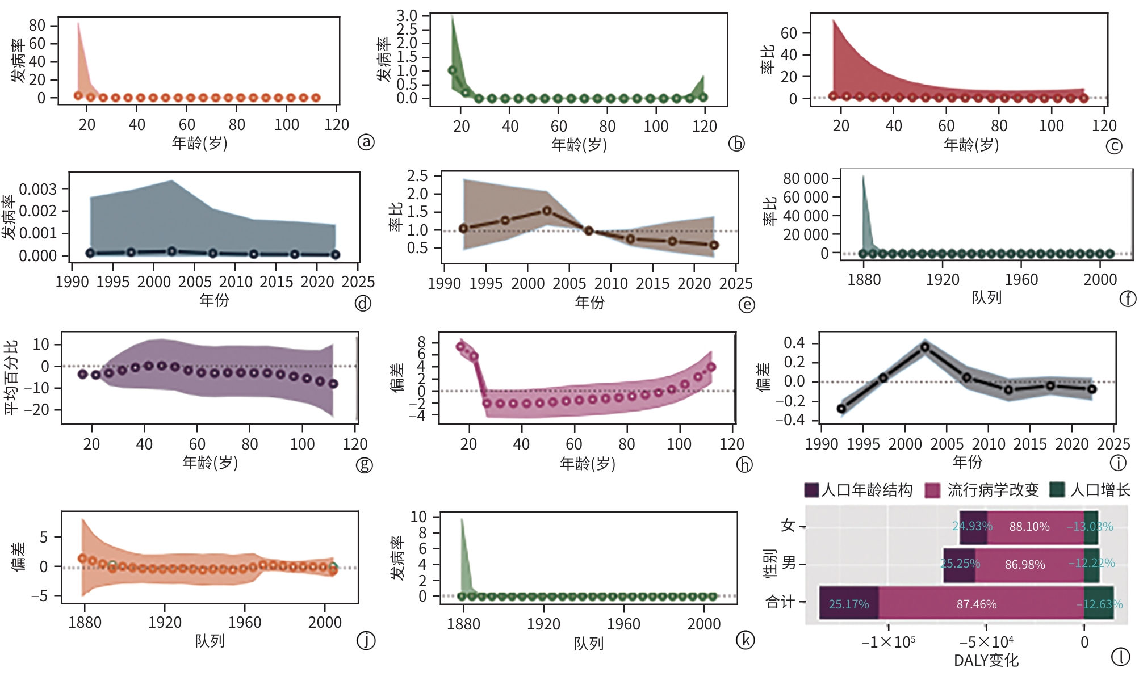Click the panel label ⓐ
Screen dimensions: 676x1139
[366, 141]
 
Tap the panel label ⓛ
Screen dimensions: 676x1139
[1120, 657]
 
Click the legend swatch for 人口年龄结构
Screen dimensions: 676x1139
[812, 490]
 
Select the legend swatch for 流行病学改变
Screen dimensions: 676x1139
[932, 490]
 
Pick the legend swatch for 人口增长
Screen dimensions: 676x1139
[1056, 490]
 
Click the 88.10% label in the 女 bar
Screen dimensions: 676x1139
[1029, 527]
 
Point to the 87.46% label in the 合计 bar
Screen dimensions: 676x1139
[976, 604]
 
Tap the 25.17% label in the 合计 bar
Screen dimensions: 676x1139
[848, 604]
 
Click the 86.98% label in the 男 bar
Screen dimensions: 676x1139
[1024, 565]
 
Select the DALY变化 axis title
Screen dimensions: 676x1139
[986, 661]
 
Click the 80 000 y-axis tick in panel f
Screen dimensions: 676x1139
[805, 179]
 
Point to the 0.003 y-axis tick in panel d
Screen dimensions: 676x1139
[38, 189]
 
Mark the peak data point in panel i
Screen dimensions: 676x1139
[925, 347]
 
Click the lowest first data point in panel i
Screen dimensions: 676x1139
[841, 409]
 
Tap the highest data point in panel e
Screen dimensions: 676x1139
[547, 211]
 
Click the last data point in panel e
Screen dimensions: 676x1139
[714, 245]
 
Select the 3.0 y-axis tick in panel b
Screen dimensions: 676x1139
[407, 16]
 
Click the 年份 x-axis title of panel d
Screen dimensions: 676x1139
[214, 300]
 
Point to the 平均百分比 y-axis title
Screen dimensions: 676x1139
[11, 377]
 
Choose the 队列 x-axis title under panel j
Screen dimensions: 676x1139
[210, 641]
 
